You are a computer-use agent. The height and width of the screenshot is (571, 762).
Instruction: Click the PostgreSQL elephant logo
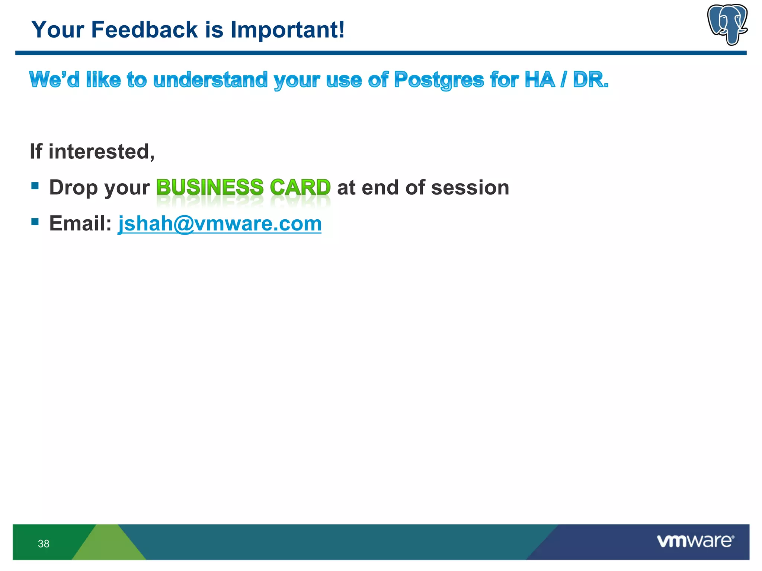(x=727, y=24)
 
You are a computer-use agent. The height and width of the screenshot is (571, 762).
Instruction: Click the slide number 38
(x=44, y=543)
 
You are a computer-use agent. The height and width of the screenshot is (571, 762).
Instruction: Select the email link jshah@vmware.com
(x=220, y=223)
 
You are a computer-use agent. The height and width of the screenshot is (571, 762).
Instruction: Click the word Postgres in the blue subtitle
(x=439, y=80)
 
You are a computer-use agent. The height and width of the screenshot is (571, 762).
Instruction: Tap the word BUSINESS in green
(x=210, y=187)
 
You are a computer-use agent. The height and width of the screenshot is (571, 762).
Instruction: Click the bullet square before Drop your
(x=35, y=186)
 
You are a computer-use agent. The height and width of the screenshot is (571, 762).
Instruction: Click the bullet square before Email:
(x=35, y=222)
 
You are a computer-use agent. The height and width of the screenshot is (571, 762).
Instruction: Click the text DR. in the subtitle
(x=590, y=80)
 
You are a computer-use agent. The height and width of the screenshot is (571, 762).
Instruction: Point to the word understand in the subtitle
(x=210, y=80)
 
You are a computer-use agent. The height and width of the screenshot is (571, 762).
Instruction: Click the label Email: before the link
(x=80, y=223)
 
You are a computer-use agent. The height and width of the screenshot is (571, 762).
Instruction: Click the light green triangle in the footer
(x=109, y=543)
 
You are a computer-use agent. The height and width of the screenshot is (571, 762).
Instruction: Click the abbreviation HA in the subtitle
(x=539, y=80)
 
